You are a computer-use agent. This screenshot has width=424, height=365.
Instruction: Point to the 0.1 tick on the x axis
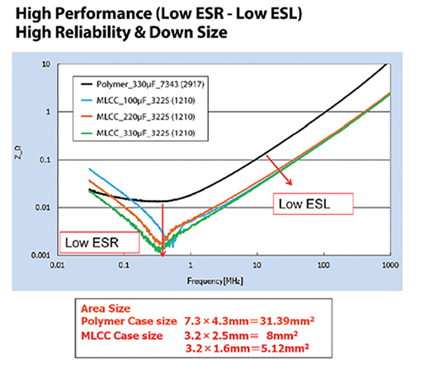click(125, 265)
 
